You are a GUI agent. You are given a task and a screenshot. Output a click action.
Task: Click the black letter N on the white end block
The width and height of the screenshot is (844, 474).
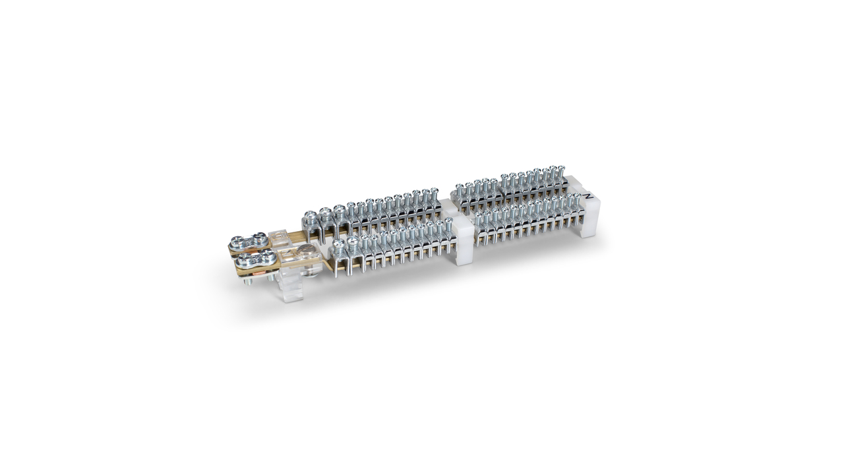[589, 196]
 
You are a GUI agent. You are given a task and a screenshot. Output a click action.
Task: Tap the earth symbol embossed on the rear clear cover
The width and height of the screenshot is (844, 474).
[279, 237]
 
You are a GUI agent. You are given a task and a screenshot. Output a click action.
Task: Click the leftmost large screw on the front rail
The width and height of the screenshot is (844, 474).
[338, 244]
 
